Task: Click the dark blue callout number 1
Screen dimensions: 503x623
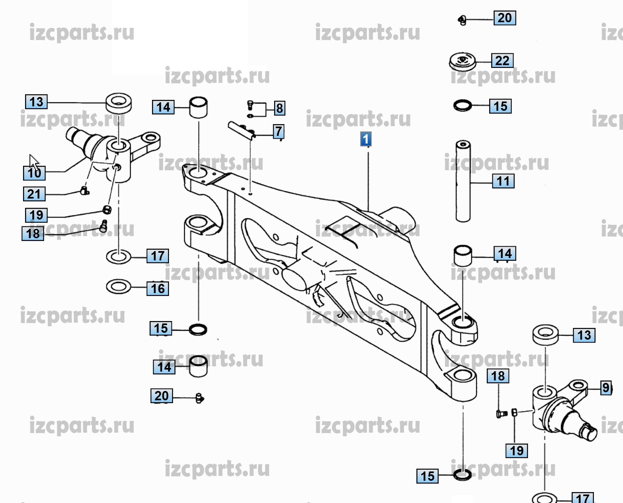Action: pos(365,139)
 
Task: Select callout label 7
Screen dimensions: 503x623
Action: pos(279,131)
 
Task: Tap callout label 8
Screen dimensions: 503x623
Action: pos(279,108)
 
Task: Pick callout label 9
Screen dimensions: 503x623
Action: pos(606,388)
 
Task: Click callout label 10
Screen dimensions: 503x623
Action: pos(34,173)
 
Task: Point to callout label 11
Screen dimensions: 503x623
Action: pos(503,181)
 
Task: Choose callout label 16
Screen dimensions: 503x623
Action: pos(158,289)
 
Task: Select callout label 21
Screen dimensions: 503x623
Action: pos(34,194)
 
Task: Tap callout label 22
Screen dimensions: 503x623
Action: pos(503,61)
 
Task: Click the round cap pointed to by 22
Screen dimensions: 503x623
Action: pos(462,61)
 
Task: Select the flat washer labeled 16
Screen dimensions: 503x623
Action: pos(118,287)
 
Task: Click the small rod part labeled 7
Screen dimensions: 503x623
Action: pos(241,130)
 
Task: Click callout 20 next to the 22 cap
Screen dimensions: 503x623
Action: pos(505,18)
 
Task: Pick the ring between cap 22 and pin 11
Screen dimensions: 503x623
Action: pos(462,106)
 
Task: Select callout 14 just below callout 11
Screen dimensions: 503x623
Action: pos(505,254)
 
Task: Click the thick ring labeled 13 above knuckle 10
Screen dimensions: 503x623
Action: pos(118,103)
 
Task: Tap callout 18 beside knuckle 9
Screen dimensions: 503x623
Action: pos(498,376)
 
